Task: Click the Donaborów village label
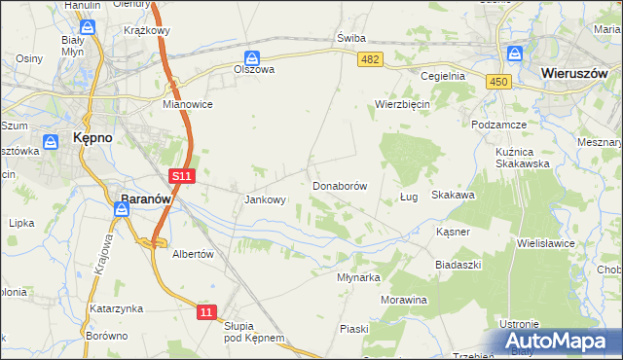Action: (339, 185)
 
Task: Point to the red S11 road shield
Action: (182, 176)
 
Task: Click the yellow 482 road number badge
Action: (370, 60)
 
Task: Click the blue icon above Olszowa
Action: (252, 56)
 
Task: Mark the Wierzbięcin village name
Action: (403, 104)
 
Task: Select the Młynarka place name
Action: (358, 276)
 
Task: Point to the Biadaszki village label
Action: (459, 263)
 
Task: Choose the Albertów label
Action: (192, 253)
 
